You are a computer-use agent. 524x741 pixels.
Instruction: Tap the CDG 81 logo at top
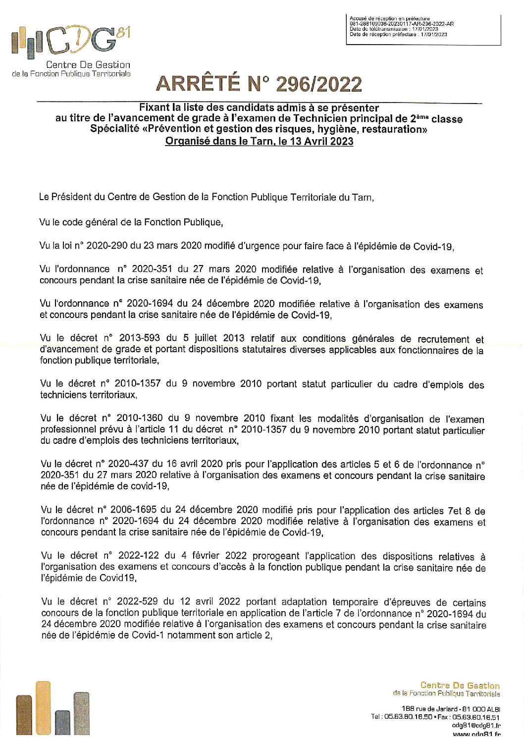click(71, 42)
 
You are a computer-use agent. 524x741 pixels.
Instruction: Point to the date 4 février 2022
click(210, 556)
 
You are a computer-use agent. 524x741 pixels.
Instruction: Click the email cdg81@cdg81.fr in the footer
click(476, 725)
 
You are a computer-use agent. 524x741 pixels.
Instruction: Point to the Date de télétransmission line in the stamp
click(394, 29)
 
